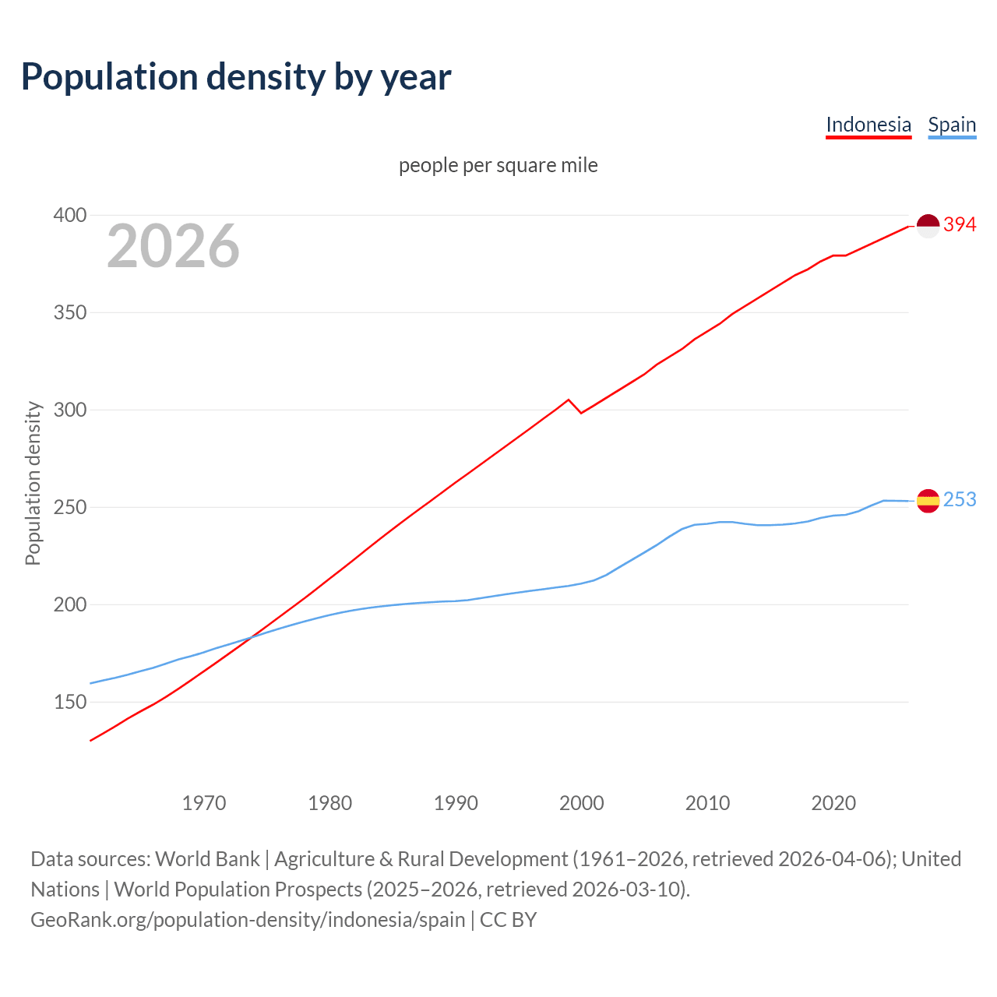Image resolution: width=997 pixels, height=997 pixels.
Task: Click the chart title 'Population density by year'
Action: (236, 76)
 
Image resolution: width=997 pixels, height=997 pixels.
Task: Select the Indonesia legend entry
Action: (868, 125)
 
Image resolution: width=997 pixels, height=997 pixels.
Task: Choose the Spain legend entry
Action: (952, 125)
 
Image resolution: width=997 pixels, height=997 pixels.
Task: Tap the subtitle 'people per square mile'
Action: (498, 165)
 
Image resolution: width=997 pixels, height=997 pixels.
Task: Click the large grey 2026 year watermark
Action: (173, 246)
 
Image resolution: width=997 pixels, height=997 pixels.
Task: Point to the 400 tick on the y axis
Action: (69, 215)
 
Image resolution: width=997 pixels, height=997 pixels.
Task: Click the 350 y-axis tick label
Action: (69, 312)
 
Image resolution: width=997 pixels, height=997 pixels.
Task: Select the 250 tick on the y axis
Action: (69, 507)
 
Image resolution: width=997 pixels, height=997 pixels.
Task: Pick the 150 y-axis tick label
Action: (69, 702)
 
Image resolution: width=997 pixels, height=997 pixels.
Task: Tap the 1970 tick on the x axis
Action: (204, 802)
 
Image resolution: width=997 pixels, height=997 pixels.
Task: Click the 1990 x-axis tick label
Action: (456, 802)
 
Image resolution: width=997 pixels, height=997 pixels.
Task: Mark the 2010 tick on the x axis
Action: (707, 802)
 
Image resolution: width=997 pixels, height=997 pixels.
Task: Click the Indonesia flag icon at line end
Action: (928, 226)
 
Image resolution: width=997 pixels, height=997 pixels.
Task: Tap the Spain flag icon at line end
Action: (928, 501)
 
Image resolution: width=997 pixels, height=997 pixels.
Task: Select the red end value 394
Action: (960, 225)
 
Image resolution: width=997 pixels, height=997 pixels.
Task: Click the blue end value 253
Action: (960, 500)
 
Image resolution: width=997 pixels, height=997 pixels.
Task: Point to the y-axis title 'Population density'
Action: (33, 483)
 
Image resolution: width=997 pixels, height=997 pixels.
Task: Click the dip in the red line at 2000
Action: (581, 412)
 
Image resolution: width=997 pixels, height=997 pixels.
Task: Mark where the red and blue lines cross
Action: (250, 637)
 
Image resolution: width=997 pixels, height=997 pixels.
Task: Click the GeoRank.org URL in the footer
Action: (248, 920)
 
